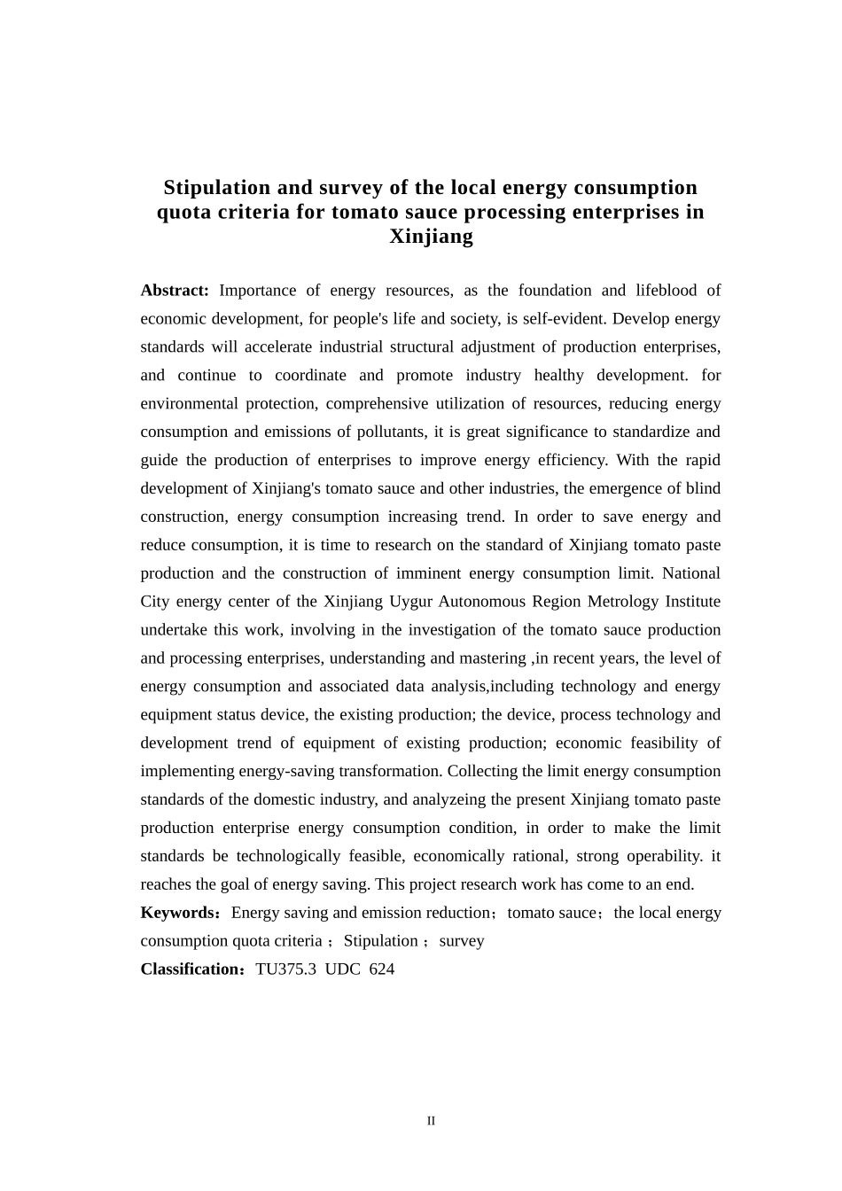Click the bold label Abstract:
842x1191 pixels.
(x=174, y=291)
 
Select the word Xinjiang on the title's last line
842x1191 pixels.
(x=431, y=237)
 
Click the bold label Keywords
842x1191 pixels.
(x=177, y=913)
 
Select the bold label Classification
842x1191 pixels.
(x=191, y=969)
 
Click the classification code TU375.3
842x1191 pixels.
(x=285, y=969)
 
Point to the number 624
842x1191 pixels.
(x=381, y=969)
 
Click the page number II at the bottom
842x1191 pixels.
(x=431, y=1121)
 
